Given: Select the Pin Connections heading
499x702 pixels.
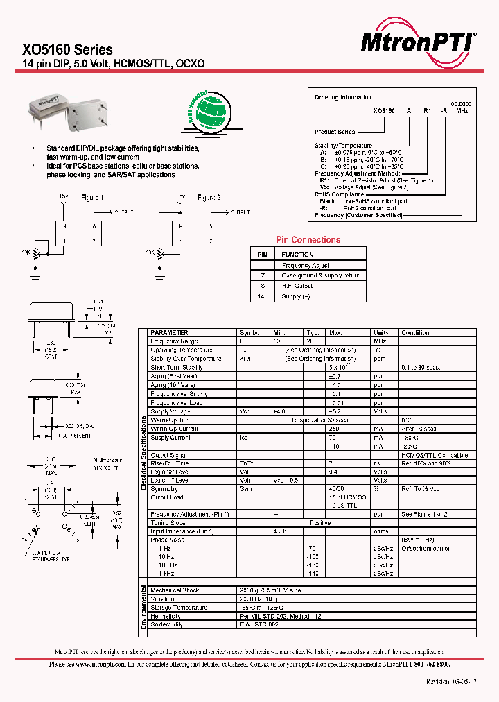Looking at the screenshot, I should [x=308, y=240].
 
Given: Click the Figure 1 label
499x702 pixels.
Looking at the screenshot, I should [x=92, y=198].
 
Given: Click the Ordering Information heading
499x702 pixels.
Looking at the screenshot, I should [x=343, y=98].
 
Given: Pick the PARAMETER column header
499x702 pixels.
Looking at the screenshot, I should [x=169, y=333].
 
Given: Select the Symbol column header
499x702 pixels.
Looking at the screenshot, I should [x=250, y=333].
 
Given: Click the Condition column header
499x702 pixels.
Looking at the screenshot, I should [x=415, y=333].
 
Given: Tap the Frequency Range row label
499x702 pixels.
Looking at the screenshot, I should [x=174, y=341].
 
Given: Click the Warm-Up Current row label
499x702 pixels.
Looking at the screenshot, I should [x=175, y=429].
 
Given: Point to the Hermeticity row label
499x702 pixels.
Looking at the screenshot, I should [x=166, y=616].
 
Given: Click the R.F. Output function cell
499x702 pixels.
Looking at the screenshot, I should [x=297, y=286].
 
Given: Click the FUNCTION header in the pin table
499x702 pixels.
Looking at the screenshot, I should [x=297, y=255].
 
